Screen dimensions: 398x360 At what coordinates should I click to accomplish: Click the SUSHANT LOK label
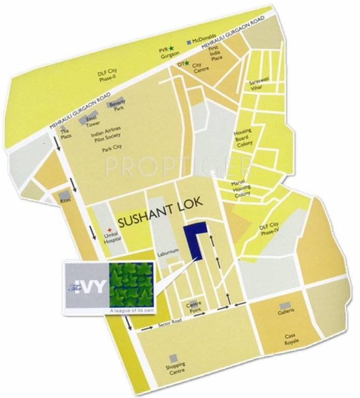(x=159, y=220)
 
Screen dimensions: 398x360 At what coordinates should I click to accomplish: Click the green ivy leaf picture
(x=131, y=285)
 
